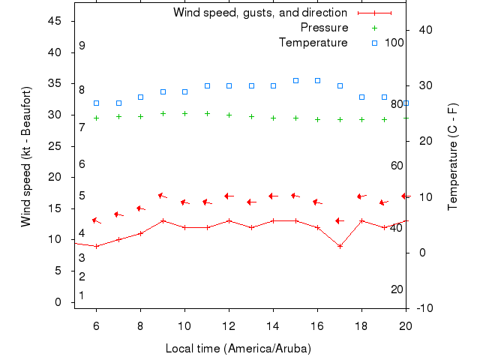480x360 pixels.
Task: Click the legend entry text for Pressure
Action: pyautogui.click(x=324, y=28)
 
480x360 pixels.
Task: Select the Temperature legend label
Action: pyautogui.click(x=313, y=42)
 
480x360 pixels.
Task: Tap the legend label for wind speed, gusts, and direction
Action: pyautogui.click(x=260, y=13)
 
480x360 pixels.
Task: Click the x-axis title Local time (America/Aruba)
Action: pyautogui.click(x=238, y=349)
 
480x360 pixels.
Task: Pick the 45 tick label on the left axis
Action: pyautogui.click(x=55, y=22)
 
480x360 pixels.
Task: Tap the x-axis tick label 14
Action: pyautogui.click(x=273, y=325)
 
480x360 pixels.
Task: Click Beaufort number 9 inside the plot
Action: pyautogui.click(x=82, y=46)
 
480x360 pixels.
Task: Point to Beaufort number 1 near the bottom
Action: pyautogui.click(x=82, y=295)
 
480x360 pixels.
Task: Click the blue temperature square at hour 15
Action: pyautogui.click(x=295, y=80)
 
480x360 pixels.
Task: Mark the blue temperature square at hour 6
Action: pyautogui.click(x=96, y=103)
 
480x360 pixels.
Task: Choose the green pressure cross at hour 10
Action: pyautogui.click(x=184, y=113)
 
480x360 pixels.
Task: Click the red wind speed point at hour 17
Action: pyautogui.click(x=340, y=246)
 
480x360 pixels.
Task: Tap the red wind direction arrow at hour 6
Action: pyautogui.click(x=96, y=220)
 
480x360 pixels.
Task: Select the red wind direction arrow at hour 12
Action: pyautogui.click(x=229, y=196)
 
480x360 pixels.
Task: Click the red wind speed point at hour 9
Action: pyautogui.click(x=163, y=220)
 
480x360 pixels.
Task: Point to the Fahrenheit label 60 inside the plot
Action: pyautogui.click(x=397, y=165)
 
